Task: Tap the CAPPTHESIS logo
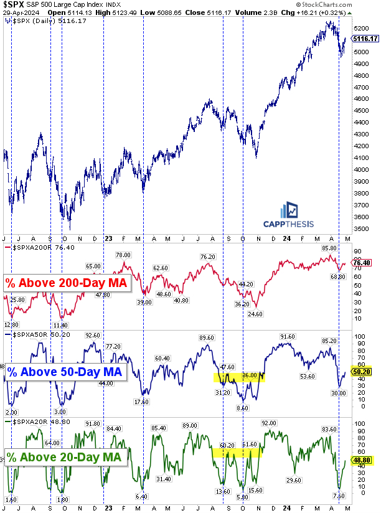click(x=287, y=216)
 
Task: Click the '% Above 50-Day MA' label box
click(x=65, y=372)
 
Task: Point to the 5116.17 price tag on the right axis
click(x=365, y=38)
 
